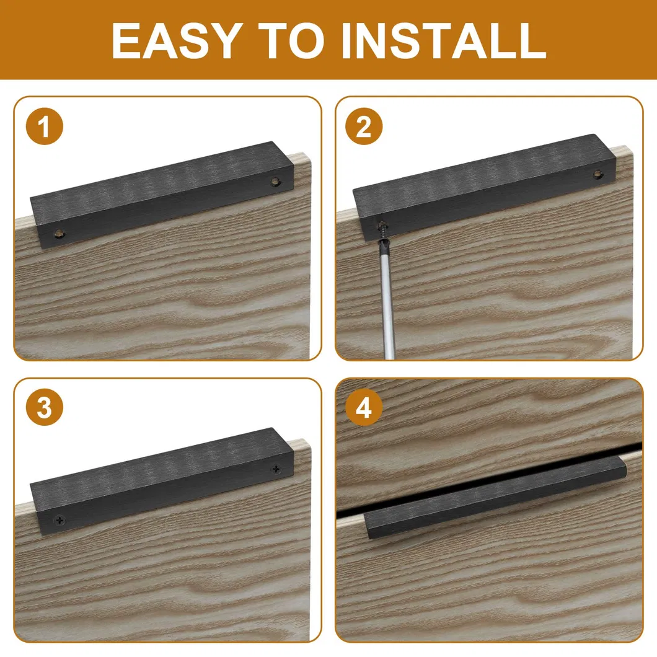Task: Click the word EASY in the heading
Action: point(177,40)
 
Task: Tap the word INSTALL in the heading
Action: point(444,40)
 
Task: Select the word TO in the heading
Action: point(292,40)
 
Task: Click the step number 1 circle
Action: point(45,126)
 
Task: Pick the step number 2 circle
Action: point(364,126)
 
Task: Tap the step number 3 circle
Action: point(45,407)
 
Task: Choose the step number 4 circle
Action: point(364,407)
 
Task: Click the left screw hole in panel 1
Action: point(60,234)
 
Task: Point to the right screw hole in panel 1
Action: point(275,182)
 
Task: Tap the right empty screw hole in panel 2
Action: point(598,174)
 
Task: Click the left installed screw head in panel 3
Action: point(60,521)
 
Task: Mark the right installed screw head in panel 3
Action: point(276,469)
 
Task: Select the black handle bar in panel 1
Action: point(162,195)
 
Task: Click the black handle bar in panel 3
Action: point(162,482)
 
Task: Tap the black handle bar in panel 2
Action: point(484,187)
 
